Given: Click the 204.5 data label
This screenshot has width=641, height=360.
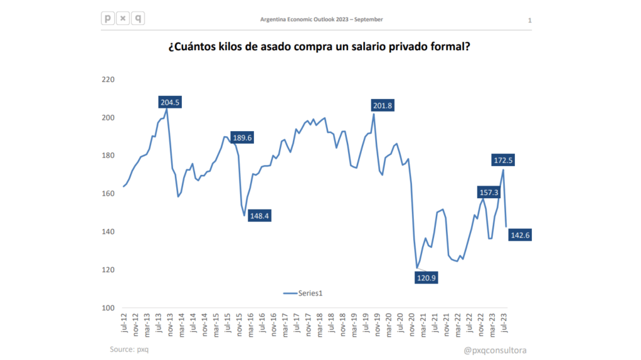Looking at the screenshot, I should [x=169, y=103].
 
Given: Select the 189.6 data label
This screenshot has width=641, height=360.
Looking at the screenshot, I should [x=241, y=138].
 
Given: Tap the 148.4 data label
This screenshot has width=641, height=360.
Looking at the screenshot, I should [x=260, y=216].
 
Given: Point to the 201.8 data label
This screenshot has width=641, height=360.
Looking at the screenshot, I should [x=381, y=106].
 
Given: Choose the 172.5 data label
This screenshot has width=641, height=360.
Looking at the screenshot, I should [x=503, y=161].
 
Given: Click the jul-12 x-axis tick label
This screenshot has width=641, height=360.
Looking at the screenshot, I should [x=124, y=326].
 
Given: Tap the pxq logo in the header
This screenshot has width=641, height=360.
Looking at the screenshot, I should [x=122, y=18].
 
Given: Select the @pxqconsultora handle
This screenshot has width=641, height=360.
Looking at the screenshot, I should [x=495, y=350].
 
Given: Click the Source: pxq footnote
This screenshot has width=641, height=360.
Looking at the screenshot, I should [x=129, y=349].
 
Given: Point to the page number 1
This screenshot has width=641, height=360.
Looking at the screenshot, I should [x=530, y=21].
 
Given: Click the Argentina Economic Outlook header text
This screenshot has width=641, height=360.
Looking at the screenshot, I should [x=321, y=19].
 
